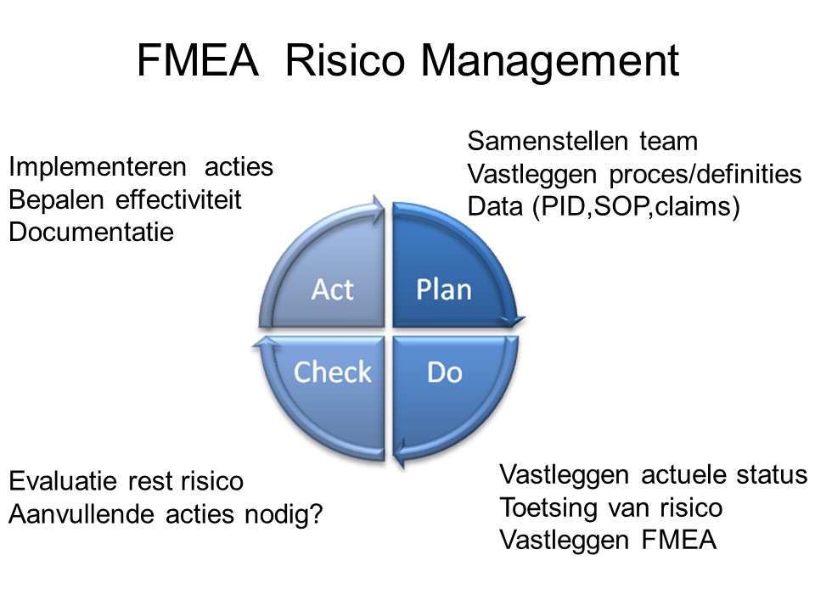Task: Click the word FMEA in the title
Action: [198, 60]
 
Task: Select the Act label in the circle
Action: [333, 289]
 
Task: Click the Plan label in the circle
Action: [444, 289]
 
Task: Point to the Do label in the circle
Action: [445, 373]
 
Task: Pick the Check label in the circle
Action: [333, 372]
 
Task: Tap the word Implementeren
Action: [98, 167]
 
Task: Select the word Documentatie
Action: [92, 232]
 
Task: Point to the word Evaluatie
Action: [63, 481]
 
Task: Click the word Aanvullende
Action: [81, 514]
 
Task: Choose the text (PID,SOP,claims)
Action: [636, 207]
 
